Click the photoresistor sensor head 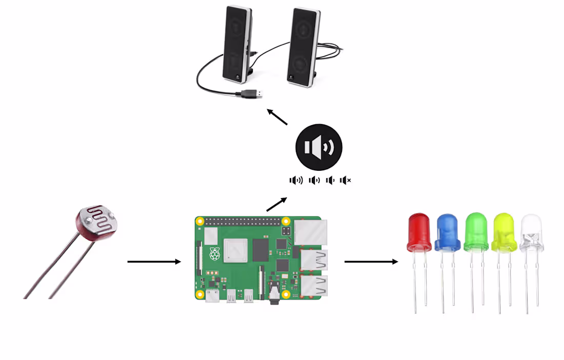[x=97, y=221]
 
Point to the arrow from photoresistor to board [x=154, y=262]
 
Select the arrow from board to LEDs [x=371, y=262]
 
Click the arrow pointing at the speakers [x=277, y=116]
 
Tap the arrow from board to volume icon [x=276, y=204]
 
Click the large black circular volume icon [x=319, y=147]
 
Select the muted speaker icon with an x [x=346, y=180]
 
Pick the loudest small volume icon [x=296, y=180]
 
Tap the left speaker [x=237, y=44]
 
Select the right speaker [x=304, y=47]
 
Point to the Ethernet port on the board [x=310, y=231]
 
